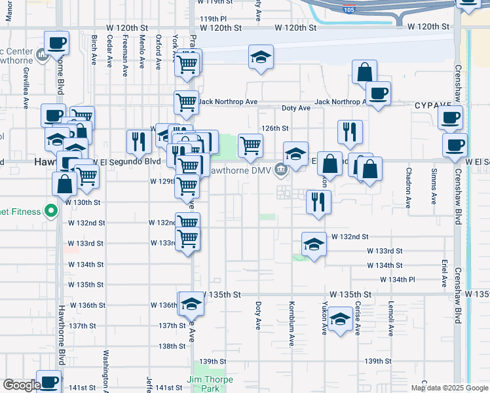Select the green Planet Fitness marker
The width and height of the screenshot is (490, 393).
pos(49,212)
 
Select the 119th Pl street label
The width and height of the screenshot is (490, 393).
pos(213,19)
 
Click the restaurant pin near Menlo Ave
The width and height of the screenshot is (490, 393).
pos(138,142)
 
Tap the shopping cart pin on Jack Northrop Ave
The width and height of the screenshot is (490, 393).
pos(186,102)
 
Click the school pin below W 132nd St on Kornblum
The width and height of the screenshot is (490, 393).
pos(314,245)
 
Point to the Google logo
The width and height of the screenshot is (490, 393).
pos(21,386)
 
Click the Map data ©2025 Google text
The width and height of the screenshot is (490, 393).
pos(449,388)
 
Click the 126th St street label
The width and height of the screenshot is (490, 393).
pos(276,128)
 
